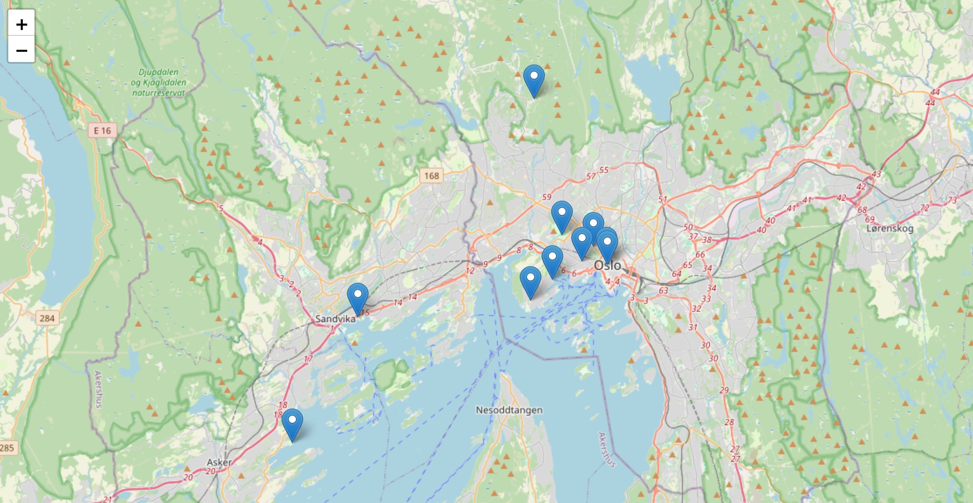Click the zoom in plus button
point(21,24)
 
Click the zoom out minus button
point(21,50)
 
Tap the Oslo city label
point(607,265)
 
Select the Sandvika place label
point(335,319)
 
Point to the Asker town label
point(219,462)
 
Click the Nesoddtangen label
point(509,410)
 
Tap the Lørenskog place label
point(890,228)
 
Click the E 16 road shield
point(103,131)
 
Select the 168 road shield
point(432,176)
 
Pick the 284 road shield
point(47,318)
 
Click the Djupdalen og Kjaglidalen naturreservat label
point(159,82)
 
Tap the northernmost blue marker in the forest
point(534,81)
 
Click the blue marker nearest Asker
point(292,425)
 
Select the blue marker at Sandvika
point(358,299)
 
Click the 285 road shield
point(7,448)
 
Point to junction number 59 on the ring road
point(547,197)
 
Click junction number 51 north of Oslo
point(662,200)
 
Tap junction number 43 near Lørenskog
point(876,174)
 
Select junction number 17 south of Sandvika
point(308,359)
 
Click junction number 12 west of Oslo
point(469,271)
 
